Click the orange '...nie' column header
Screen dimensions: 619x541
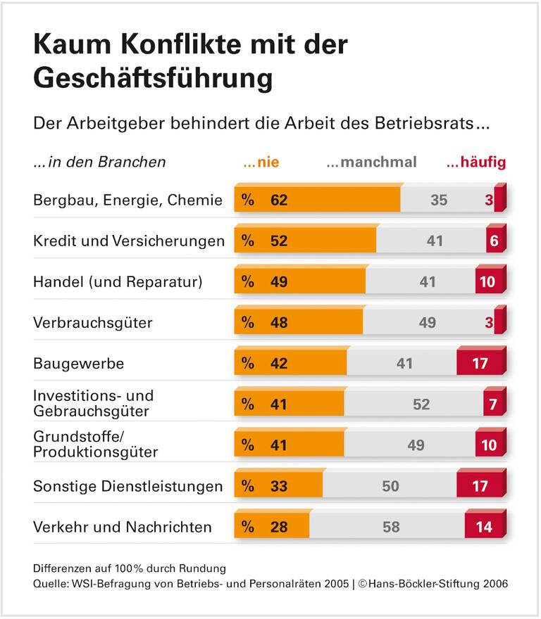pyautogui.click(x=261, y=162)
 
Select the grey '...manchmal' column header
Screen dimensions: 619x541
pyautogui.click(x=371, y=162)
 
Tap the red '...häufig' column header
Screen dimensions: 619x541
pyautogui.click(x=475, y=162)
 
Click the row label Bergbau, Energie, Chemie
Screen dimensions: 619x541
pyautogui.click(x=128, y=200)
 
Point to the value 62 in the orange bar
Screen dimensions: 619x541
pyautogui.click(x=279, y=200)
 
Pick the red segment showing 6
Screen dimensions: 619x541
pyautogui.click(x=495, y=241)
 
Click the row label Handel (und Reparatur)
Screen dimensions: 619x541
pyautogui.click(x=118, y=282)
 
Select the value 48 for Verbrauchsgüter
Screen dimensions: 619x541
pyautogui.click(x=279, y=323)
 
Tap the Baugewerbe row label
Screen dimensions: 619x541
pyautogui.click(x=78, y=364)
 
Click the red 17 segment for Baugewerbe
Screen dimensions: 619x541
pyautogui.click(x=480, y=364)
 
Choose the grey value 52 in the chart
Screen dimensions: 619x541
pyautogui.click(x=421, y=404)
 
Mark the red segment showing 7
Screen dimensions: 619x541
pyautogui.click(x=492, y=404)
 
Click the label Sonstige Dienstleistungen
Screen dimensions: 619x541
pyautogui.click(x=128, y=486)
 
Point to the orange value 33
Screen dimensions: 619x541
pyautogui.click(x=279, y=486)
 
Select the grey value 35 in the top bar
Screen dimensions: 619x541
pyautogui.click(x=438, y=200)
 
